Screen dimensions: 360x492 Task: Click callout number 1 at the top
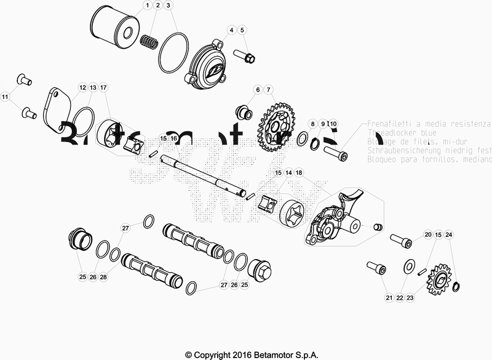click(148, 6)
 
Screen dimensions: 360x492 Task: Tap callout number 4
click(232, 30)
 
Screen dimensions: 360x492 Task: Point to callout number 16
click(174, 138)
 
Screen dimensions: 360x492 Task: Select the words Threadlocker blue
click(394, 132)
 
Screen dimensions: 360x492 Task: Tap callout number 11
click(5, 97)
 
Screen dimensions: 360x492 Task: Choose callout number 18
click(299, 174)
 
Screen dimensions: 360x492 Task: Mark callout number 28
click(103, 277)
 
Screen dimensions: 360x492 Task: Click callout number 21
click(389, 298)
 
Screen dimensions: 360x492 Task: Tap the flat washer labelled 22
click(407, 266)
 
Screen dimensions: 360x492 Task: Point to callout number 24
click(449, 235)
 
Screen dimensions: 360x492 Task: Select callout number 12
click(82, 88)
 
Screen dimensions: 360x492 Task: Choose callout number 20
click(427, 235)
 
